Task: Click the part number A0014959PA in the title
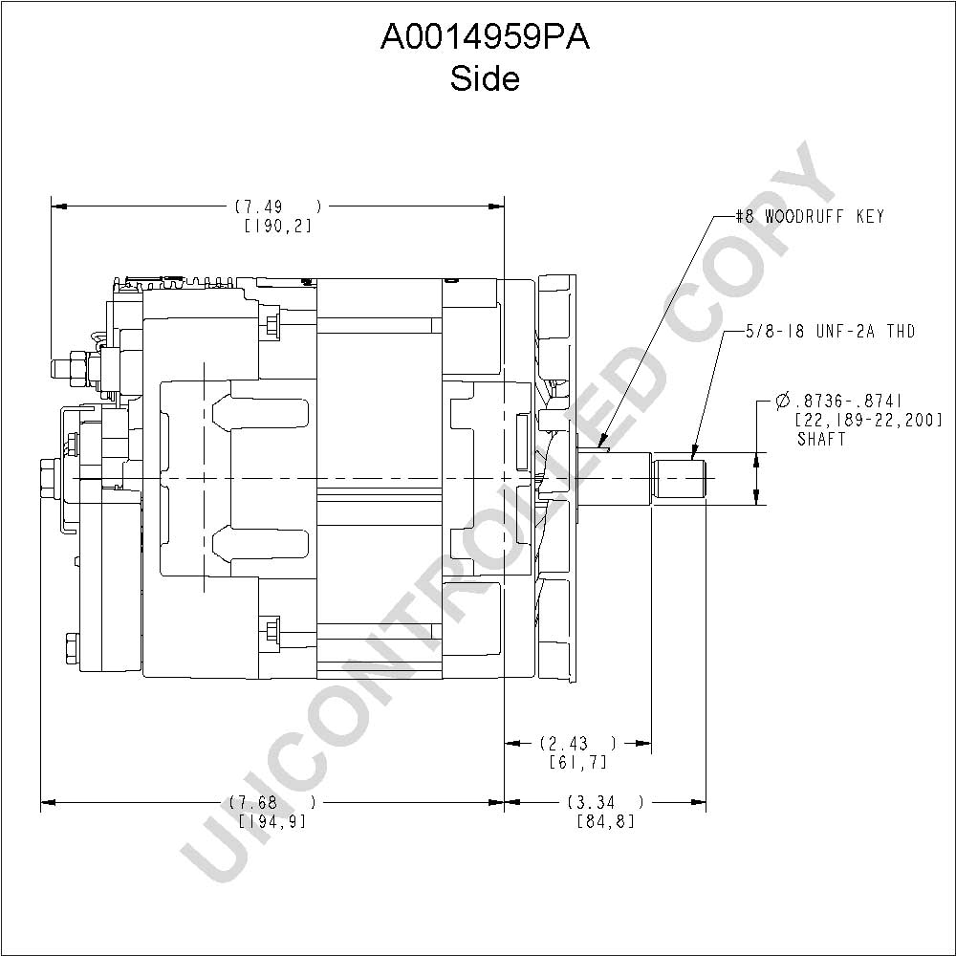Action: [x=486, y=38]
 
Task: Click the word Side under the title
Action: [x=486, y=78]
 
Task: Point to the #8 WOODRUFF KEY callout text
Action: [x=809, y=216]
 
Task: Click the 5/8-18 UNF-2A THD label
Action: [x=831, y=332]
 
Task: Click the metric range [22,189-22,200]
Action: [x=869, y=420]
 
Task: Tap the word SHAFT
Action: [x=822, y=439]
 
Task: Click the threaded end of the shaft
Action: [x=679, y=479]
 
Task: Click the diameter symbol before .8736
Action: [x=783, y=402]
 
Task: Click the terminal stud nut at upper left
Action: [x=79, y=368]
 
